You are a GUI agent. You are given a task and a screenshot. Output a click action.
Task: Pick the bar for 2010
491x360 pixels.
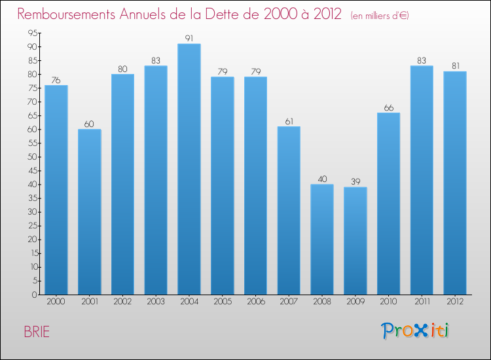388,204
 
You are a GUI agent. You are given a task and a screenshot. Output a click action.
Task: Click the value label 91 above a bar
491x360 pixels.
189,39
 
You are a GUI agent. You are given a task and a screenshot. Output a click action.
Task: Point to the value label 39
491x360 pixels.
355,181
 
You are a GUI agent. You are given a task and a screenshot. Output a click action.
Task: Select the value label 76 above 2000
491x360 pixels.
56,80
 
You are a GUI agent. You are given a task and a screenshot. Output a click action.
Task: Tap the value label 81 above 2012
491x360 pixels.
454,66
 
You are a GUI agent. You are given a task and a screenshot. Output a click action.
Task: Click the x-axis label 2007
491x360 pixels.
289,302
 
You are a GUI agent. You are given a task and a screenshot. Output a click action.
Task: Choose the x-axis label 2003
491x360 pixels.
156,302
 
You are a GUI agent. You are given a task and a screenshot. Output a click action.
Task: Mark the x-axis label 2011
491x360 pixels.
422,302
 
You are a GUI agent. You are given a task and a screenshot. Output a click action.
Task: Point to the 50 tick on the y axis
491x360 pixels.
31,157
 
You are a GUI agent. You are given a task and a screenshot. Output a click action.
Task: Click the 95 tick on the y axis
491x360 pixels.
31,33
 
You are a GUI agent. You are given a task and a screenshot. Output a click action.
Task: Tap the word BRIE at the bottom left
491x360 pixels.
37,331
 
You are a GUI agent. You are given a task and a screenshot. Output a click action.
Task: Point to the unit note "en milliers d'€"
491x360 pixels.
379,16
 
